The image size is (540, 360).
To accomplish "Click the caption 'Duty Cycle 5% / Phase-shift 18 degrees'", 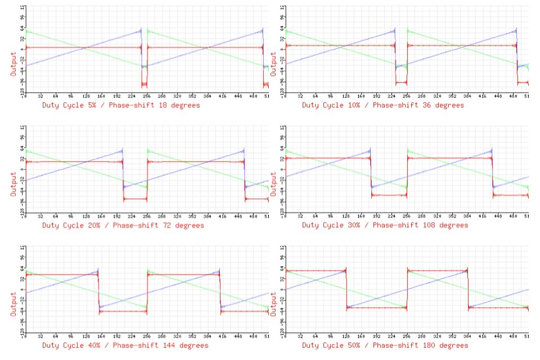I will coord(120,105).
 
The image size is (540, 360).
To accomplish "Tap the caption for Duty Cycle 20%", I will coord(123,226).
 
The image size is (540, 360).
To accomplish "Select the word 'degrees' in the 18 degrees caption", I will coord(184,105).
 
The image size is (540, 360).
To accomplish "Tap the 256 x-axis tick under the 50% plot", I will coord(407,336).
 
